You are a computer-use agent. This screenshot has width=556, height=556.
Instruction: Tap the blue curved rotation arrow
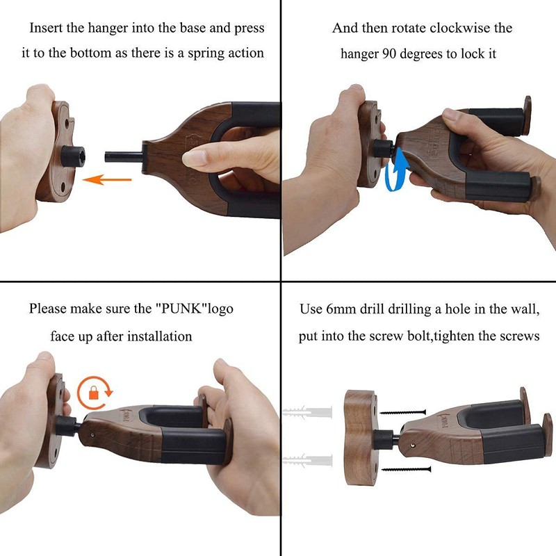pyautogui.click(x=393, y=170)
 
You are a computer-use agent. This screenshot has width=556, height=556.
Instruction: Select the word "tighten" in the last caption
pyautogui.click(x=467, y=336)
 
